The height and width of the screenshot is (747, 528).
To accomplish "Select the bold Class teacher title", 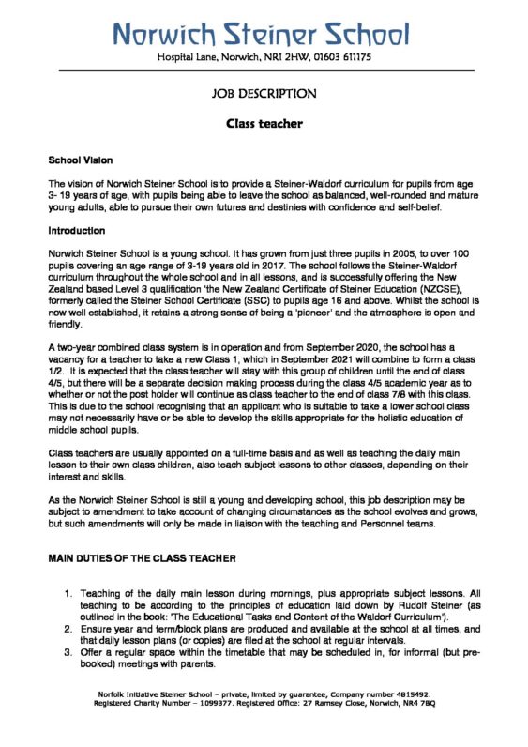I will (x=264, y=123).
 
